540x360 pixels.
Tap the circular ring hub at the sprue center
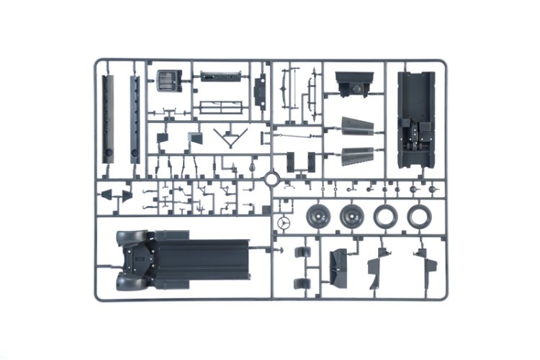click(x=272, y=178)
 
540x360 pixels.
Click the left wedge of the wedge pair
click(x=106, y=194)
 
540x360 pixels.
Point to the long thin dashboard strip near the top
click(x=219, y=76)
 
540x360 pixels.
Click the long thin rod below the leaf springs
click(x=299, y=135)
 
